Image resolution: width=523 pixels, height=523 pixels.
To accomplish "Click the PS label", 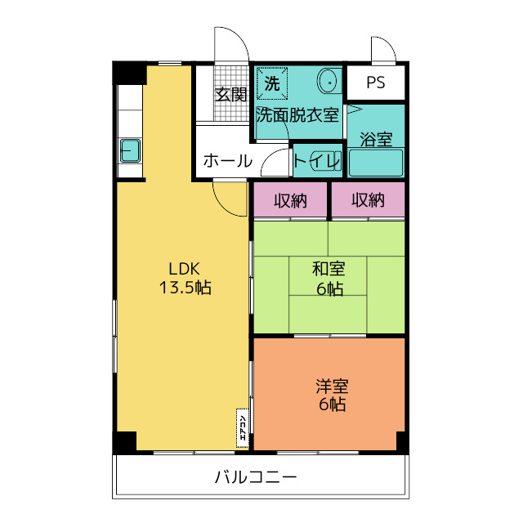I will tap(375, 83).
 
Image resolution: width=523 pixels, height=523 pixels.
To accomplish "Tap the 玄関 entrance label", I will tap(230, 94).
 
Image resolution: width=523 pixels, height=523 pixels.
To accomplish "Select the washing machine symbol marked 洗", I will tap(272, 83).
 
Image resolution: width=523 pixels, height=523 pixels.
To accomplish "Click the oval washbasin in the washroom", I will tap(327, 82).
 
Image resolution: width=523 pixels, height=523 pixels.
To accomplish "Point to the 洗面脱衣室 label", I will tap(297, 114).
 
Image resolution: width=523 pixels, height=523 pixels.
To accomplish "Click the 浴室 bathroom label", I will tap(376, 139).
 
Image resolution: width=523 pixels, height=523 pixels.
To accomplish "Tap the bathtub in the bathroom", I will tap(376, 163).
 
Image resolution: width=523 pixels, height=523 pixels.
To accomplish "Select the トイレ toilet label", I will tap(317, 161).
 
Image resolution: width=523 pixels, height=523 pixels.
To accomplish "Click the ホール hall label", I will tap(226, 160).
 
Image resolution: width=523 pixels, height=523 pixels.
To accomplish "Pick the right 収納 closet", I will tap(368, 199).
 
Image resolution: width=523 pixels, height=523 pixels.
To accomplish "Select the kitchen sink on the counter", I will tap(130, 151).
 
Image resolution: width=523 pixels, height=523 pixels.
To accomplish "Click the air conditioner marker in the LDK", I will tap(243, 428).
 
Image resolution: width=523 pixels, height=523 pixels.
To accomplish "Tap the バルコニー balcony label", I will tap(256, 476).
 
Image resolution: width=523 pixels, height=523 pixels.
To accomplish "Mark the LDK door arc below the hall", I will tap(226, 196).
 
